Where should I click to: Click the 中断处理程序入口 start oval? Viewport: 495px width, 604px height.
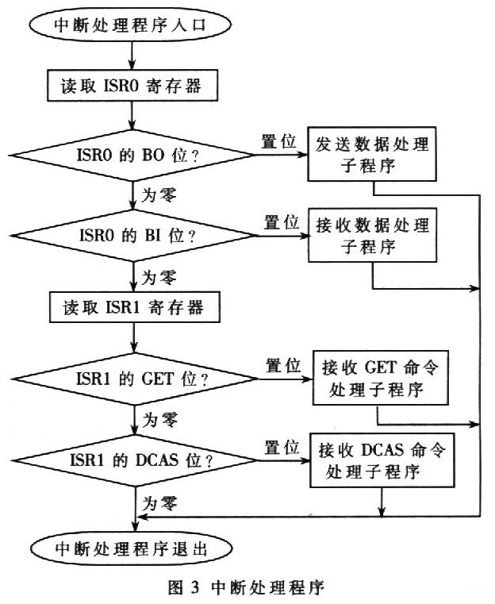coord(130,24)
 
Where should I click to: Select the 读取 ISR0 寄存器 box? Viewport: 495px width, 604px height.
coord(132,86)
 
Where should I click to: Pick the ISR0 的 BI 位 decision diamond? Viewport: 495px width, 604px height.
coord(132,235)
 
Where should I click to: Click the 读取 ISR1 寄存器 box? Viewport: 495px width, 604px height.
coord(132,307)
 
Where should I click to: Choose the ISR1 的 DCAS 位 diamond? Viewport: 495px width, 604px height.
coord(132,460)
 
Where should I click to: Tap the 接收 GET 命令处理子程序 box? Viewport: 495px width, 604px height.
coord(373,379)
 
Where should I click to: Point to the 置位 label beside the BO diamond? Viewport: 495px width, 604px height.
coord(278,140)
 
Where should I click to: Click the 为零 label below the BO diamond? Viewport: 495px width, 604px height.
coord(158,190)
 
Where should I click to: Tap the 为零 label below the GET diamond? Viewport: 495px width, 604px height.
coord(158,417)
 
